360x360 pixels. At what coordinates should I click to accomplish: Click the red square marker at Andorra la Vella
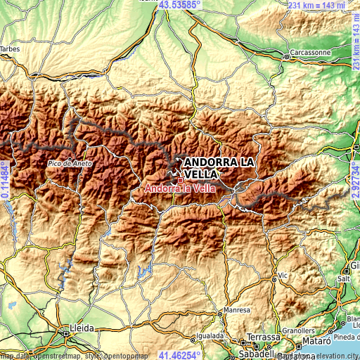180,180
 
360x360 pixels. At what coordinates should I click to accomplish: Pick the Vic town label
283,275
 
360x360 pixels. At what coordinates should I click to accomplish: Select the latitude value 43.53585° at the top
179,5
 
